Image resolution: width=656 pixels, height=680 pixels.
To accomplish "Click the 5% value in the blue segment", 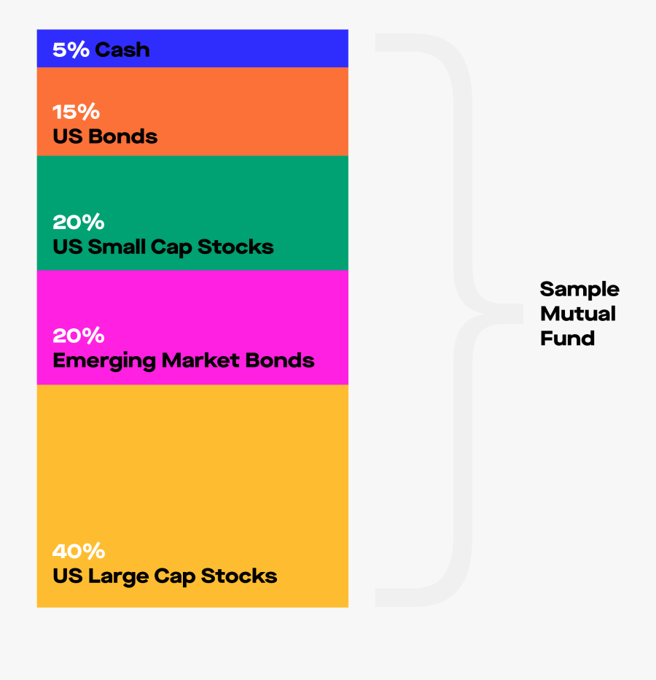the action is (71, 50).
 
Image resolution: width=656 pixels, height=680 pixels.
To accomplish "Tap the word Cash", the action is (122, 50).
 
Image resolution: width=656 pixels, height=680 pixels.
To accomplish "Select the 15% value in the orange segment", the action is (77, 112).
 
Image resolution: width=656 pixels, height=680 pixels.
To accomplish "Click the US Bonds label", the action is (105, 136).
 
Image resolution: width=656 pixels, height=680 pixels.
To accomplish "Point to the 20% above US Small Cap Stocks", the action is (79, 222).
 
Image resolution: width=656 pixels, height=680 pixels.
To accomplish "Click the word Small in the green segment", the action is (117, 247).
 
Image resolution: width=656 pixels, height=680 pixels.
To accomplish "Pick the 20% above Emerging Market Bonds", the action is (79, 336).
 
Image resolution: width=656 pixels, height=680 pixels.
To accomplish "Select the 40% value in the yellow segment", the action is (79, 551).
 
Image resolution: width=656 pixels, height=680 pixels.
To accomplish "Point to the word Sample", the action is (579, 290).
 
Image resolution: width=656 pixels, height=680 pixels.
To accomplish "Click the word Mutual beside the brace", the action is (578, 314).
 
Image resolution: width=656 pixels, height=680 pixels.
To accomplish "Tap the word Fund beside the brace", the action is (568, 338).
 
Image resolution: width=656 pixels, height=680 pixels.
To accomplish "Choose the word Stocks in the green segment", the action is (235, 247).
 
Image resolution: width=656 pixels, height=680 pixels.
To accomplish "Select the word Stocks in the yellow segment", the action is (239, 576).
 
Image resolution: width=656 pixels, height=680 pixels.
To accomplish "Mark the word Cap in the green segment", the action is (171, 247).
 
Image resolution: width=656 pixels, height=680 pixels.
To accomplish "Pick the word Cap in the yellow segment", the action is (175, 577).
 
